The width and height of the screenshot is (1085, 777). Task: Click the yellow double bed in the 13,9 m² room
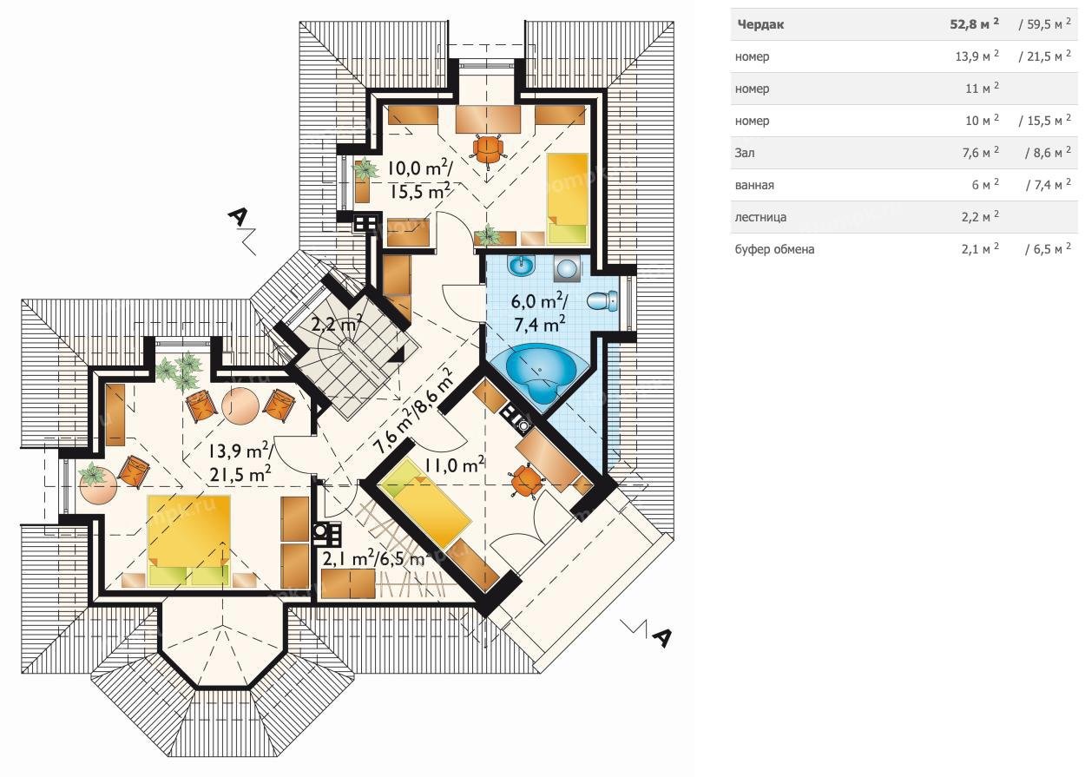(189, 540)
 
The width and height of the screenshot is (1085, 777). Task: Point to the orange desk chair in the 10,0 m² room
(488, 149)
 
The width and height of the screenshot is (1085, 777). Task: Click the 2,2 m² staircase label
(337, 323)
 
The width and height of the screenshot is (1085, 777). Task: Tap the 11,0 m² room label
(454, 465)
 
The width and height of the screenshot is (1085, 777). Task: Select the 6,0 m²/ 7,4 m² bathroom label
(540, 313)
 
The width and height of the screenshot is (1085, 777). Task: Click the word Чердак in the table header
(760, 24)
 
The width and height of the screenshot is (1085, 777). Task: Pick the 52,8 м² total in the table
(974, 23)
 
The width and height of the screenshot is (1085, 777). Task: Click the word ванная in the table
(754, 185)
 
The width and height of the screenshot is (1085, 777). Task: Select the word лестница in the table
(759, 217)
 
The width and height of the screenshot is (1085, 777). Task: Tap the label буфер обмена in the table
(774, 249)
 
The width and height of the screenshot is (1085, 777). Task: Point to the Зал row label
(745, 153)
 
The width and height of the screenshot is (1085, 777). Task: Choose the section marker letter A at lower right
(661, 637)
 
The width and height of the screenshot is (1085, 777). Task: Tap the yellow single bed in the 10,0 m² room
(567, 199)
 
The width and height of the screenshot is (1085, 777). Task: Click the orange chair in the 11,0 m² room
(526, 480)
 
